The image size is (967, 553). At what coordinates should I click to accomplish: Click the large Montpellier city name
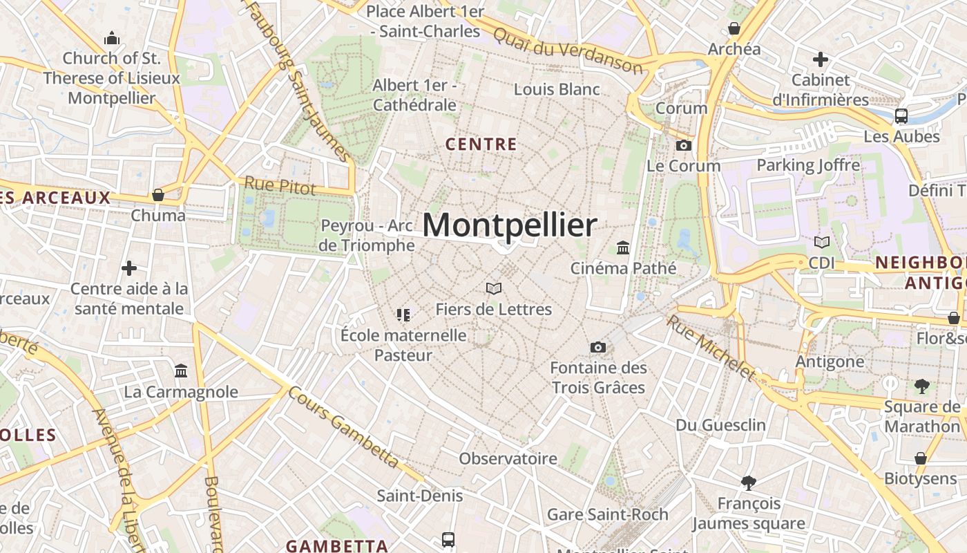(510, 225)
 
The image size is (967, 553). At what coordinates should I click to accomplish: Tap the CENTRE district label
(481, 144)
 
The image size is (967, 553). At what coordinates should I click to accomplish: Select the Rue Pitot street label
(280, 185)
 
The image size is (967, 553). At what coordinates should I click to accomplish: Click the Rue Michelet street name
(711, 348)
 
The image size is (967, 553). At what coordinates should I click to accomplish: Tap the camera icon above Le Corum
(684, 145)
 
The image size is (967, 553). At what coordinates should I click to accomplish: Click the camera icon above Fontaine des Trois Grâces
(598, 347)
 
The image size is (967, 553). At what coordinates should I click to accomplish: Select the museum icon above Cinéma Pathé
(623, 247)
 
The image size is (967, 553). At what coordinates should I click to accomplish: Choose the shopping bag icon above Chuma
(158, 195)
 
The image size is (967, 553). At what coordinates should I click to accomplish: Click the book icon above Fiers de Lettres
(493, 288)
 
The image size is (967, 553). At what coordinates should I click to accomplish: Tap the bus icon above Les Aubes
(901, 115)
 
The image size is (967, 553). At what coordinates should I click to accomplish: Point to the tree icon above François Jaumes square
(748, 482)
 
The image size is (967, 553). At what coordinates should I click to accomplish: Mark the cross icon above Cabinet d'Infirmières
(821, 59)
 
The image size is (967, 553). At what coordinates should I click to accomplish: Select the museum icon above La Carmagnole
(181, 371)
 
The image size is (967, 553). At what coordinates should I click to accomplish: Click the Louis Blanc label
(557, 89)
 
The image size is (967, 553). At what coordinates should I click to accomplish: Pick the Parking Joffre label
(808, 165)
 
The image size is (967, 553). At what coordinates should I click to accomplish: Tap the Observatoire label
(508, 458)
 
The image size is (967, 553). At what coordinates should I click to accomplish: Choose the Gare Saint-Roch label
(607, 514)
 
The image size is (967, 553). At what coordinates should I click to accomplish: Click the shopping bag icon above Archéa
(734, 28)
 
